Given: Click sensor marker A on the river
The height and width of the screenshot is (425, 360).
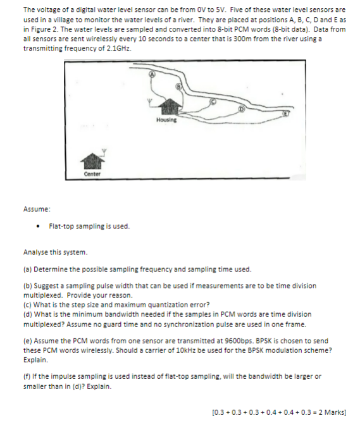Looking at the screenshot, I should pos(152,74).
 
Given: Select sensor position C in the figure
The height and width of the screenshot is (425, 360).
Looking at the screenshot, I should pos(213,101).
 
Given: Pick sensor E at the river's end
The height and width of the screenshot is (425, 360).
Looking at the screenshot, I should pos(285,114).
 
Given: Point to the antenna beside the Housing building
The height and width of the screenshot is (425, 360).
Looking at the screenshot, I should pos(149,101).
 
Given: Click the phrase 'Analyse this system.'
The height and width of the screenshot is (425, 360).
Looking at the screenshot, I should pos(54,252).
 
